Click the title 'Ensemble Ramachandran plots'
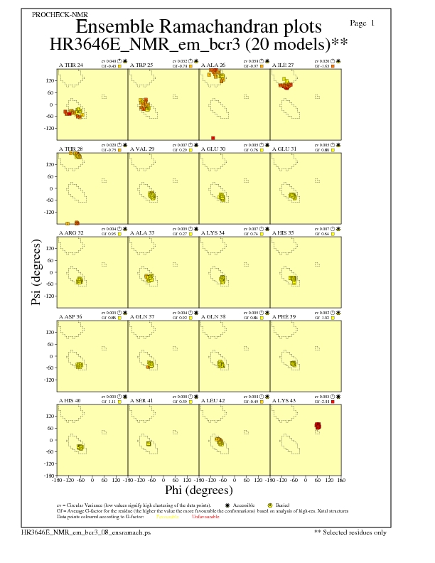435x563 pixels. pyautogui.click(x=198, y=27)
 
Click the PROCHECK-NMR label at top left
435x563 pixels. pyautogui.click(x=55, y=15)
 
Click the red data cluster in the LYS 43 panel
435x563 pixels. pyautogui.click(x=318, y=426)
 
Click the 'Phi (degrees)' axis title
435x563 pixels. pyautogui.click(x=198, y=490)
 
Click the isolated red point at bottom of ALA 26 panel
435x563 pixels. pyautogui.click(x=213, y=138)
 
